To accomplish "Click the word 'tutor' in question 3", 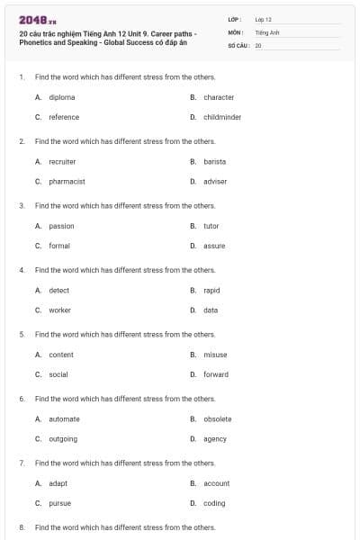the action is (x=211, y=226).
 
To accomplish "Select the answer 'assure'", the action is (x=214, y=246).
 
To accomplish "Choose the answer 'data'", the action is (x=211, y=310).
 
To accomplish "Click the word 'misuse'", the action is (x=215, y=355).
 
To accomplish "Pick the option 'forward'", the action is (x=216, y=374).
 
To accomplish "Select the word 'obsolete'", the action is (x=217, y=418).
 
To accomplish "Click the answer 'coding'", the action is (x=214, y=503).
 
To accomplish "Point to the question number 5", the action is (x=21, y=334).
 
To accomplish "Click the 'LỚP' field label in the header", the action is (x=235, y=19).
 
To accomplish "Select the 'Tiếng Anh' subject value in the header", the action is (x=268, y=31).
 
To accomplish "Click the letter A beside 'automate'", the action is (x=38, y=418).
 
